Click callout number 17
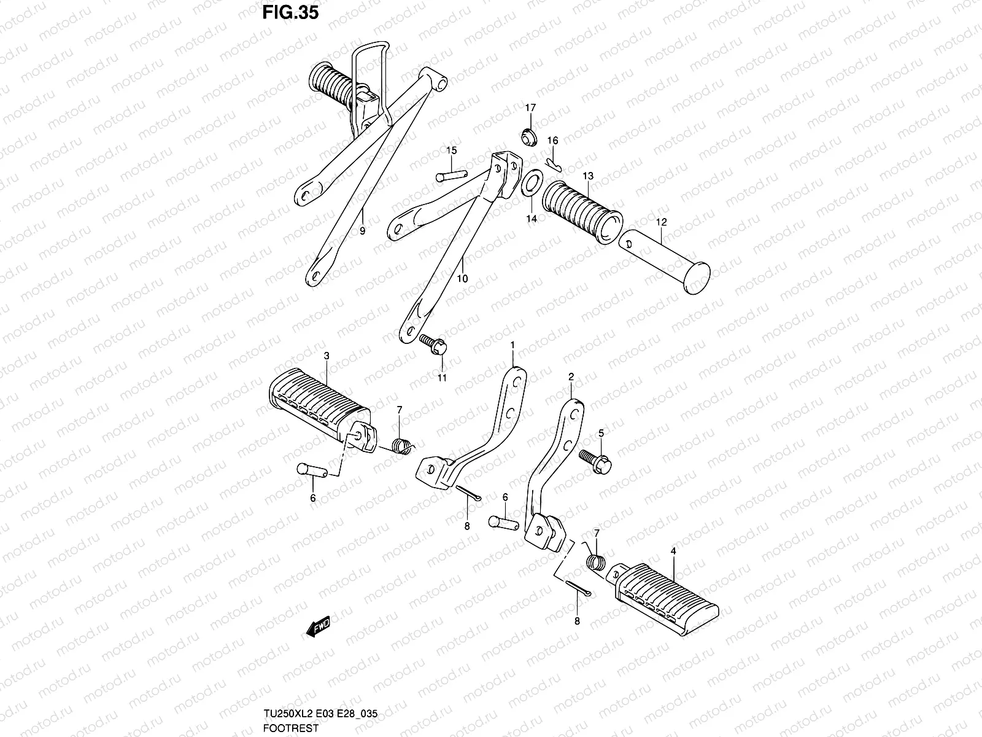coord(530,107)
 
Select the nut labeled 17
coord(529,137)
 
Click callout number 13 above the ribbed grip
coord(588,176)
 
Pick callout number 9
coord(362,231)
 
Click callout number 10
coord(462,278)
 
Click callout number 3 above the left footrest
coord(327,356)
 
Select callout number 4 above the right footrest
coord(673,552)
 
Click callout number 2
coord(571,376)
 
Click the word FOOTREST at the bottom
coord(284,728)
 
